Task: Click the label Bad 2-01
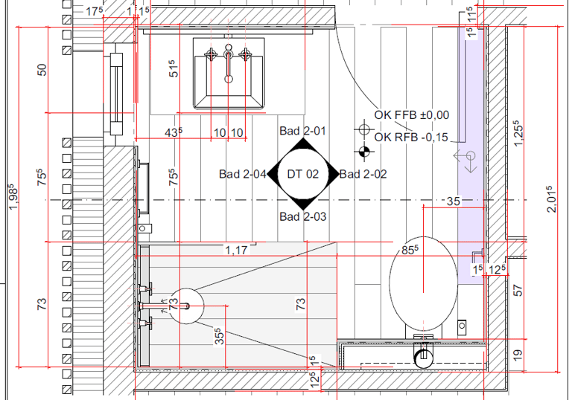click(x=302, y=131)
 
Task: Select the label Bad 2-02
click(x=363, y=174)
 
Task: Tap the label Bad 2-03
click(x=303, y=217)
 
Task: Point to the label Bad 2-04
click(x=243, y=174)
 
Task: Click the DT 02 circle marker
click(x=303, y=174)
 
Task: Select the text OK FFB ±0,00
click(x=411, y=115)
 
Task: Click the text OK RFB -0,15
click(x=411, y=138)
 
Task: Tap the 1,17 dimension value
click(x=236, y=251)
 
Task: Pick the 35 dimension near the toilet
click(x=454, y=201)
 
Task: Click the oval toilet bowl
click(x=423, y=284)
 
